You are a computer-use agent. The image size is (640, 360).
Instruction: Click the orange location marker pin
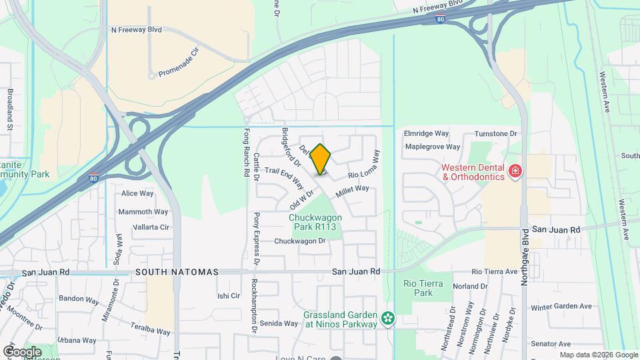pyautogui.click(x=321, y=159)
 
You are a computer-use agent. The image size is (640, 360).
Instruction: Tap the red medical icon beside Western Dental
pyautogui.click(x=515, y=172)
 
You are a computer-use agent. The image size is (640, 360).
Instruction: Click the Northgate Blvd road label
pyautogui.click(x=525, y=247)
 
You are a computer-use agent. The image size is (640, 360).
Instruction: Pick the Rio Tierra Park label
pyautogui.click(x=423, y=288)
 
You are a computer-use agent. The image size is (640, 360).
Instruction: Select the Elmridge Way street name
pyautogui.click(x=427, y=133)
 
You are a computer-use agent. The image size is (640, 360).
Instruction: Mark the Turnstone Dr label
pyautogui.click(x=494, y=133)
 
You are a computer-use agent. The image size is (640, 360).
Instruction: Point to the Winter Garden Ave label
pyautogui.click(x=561, y=307)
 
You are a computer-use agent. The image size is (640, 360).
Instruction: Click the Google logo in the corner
pyautogui.click(x=22, y=351)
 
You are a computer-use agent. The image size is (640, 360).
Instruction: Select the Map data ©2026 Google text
pyautogui.click(x=598, y=355)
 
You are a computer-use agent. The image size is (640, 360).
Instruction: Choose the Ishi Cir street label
pyautogui.click(x=229, y=296)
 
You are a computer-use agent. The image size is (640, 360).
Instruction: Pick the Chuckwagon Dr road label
pyautogui.click(x=299, y=241)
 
